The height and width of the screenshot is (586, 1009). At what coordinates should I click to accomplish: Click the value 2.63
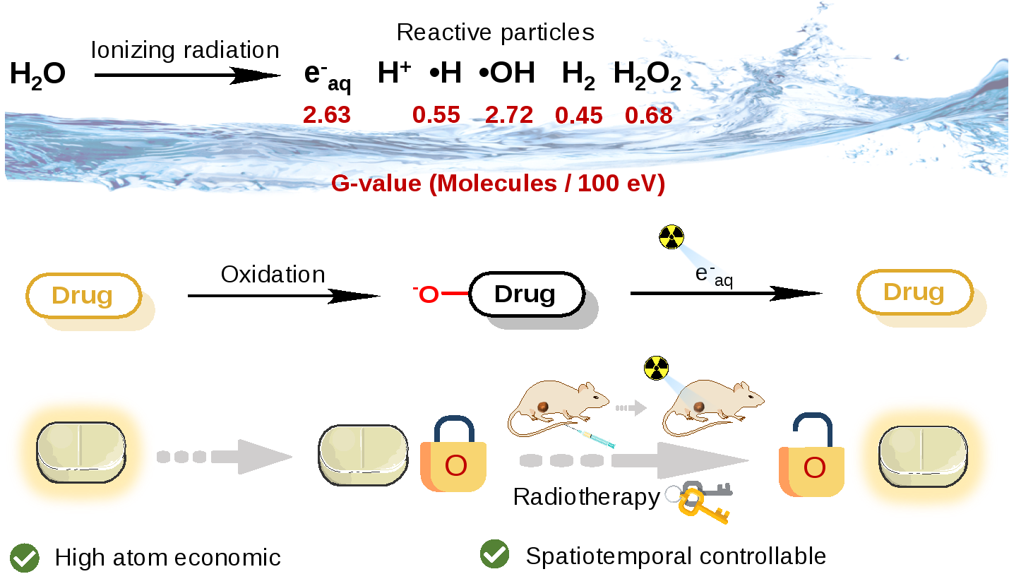pyautogui.click(x=326, y=114)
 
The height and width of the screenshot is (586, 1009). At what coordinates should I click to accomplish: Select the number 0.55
pyautogui.click(x=436, y=114)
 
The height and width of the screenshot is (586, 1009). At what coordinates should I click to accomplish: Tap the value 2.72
pyautogui.click(x=509, y=114)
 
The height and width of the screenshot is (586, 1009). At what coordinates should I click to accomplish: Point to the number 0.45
pyautogui.click(x=579, y=115)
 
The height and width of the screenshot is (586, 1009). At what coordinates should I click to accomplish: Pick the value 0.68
pyautogui.click(x=648, y=115)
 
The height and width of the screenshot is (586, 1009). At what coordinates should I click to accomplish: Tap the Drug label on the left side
pyautogui.click(x=83, y=295)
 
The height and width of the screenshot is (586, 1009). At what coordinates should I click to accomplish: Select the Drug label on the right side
pyautogui.click(x=914, y=292)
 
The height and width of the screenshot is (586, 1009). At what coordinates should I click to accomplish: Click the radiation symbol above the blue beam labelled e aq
pyautogui.click(x=671, y=237)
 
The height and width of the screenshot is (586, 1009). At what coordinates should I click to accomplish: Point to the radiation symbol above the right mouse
pyautogui.click(x=656, y=368)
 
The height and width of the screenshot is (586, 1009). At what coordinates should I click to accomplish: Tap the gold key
pyautogui.click(x=701, y=507)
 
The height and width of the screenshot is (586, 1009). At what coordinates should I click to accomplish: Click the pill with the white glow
pyautogui.click(x=363, y=455)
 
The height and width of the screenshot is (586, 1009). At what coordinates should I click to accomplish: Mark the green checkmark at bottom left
pyautogui.click(x=25, y=558)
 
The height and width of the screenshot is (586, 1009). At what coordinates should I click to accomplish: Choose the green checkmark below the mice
pyautogui.click(x=494, y=554)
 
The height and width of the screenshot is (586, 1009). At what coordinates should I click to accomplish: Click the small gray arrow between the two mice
pyautogui.click(x=631, y=407)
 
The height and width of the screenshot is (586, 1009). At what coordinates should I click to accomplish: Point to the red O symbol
pyautogui.click(x=429, y=294)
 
